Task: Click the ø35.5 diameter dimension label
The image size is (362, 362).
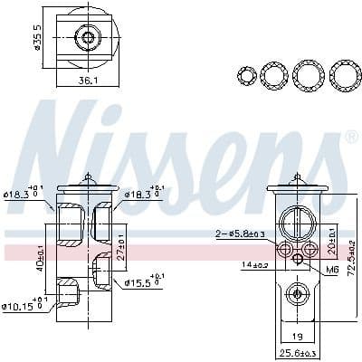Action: [36, 35]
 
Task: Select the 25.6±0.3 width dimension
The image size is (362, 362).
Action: [297, 352]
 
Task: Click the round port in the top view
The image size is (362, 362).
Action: [88, 37]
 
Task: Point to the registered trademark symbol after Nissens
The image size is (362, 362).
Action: [350, 138]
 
